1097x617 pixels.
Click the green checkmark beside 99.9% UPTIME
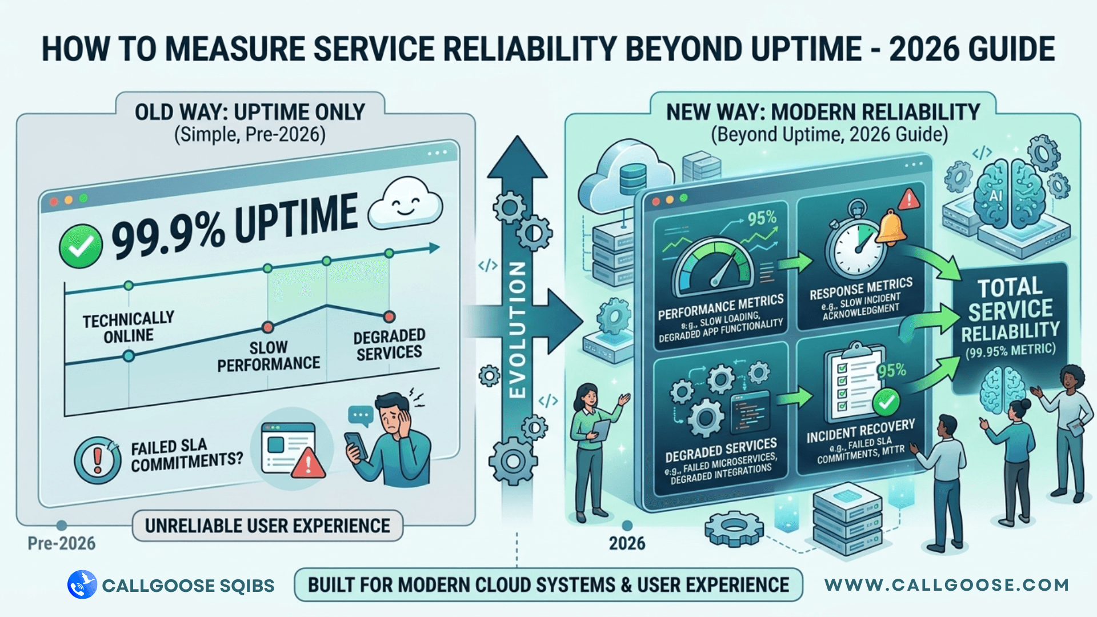(81, 246)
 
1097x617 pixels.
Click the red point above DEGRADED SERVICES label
(389, 316)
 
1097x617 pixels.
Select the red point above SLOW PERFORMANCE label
(267, 327)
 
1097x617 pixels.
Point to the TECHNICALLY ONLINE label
(128, 327)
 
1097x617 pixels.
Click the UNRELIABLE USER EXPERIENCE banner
(267, 526)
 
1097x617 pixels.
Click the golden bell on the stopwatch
(891, 227)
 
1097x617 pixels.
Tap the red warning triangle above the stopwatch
(908, 199)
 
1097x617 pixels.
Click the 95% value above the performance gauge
(762, 218)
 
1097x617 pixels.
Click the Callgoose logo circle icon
(82, 584)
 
